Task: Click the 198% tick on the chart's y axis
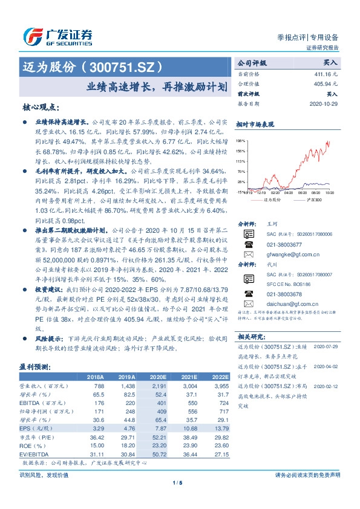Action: (241, 140)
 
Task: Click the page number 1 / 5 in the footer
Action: (179, 482)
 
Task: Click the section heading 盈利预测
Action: (37, 366)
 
